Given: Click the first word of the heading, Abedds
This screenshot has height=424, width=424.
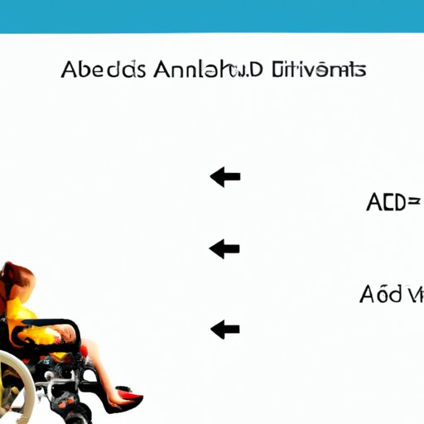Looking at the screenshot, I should (x=100, y=70).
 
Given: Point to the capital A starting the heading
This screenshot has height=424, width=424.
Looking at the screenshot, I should (x=70, y=70).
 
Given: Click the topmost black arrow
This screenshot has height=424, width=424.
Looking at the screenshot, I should (x=224, y=176).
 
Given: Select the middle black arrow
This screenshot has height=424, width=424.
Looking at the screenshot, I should (x=224, y=248).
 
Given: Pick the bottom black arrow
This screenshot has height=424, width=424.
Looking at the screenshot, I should (x=224, y=330).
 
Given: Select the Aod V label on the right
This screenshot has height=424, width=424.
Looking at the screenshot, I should (x=392, y=294).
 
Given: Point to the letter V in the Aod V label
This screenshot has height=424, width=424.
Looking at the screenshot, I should (x=416, y=294).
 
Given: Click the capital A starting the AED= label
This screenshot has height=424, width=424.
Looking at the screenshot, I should (x=373, y=202).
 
